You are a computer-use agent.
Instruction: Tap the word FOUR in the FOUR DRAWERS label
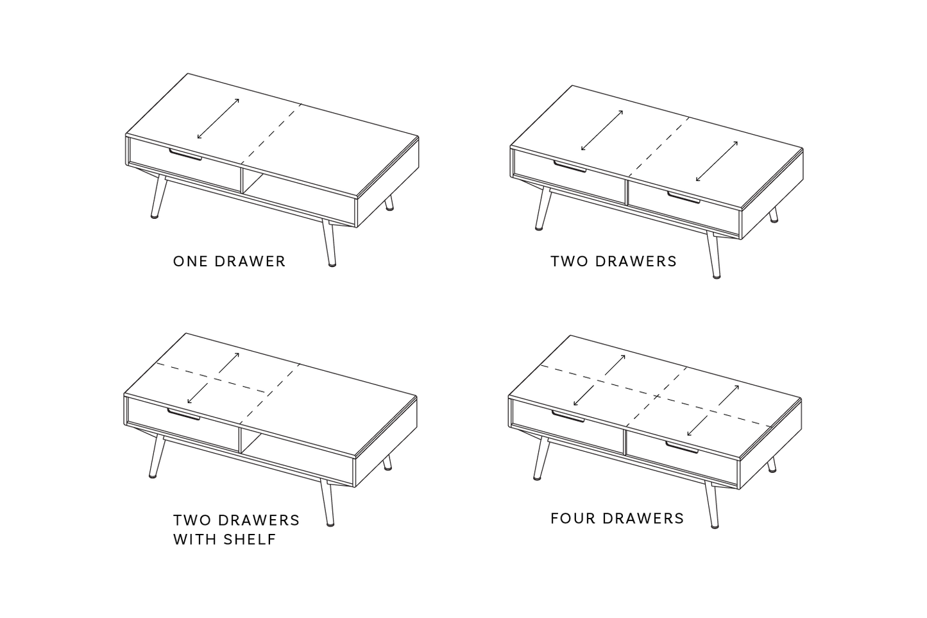coord(570,519)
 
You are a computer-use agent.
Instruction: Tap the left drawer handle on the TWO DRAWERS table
coord(570,167)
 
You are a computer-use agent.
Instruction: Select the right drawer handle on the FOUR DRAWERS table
coord(681,447)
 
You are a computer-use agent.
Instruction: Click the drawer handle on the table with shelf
coord(183,415)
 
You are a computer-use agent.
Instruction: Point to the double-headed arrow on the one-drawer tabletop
coord(218,119)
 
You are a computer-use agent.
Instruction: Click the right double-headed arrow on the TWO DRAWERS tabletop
coord(717,161)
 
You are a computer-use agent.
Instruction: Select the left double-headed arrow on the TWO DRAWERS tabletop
coord(602,130)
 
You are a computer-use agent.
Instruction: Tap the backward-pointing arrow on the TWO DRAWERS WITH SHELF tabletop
coord(229,363)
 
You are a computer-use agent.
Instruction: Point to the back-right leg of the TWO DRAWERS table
coord(774,215)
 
